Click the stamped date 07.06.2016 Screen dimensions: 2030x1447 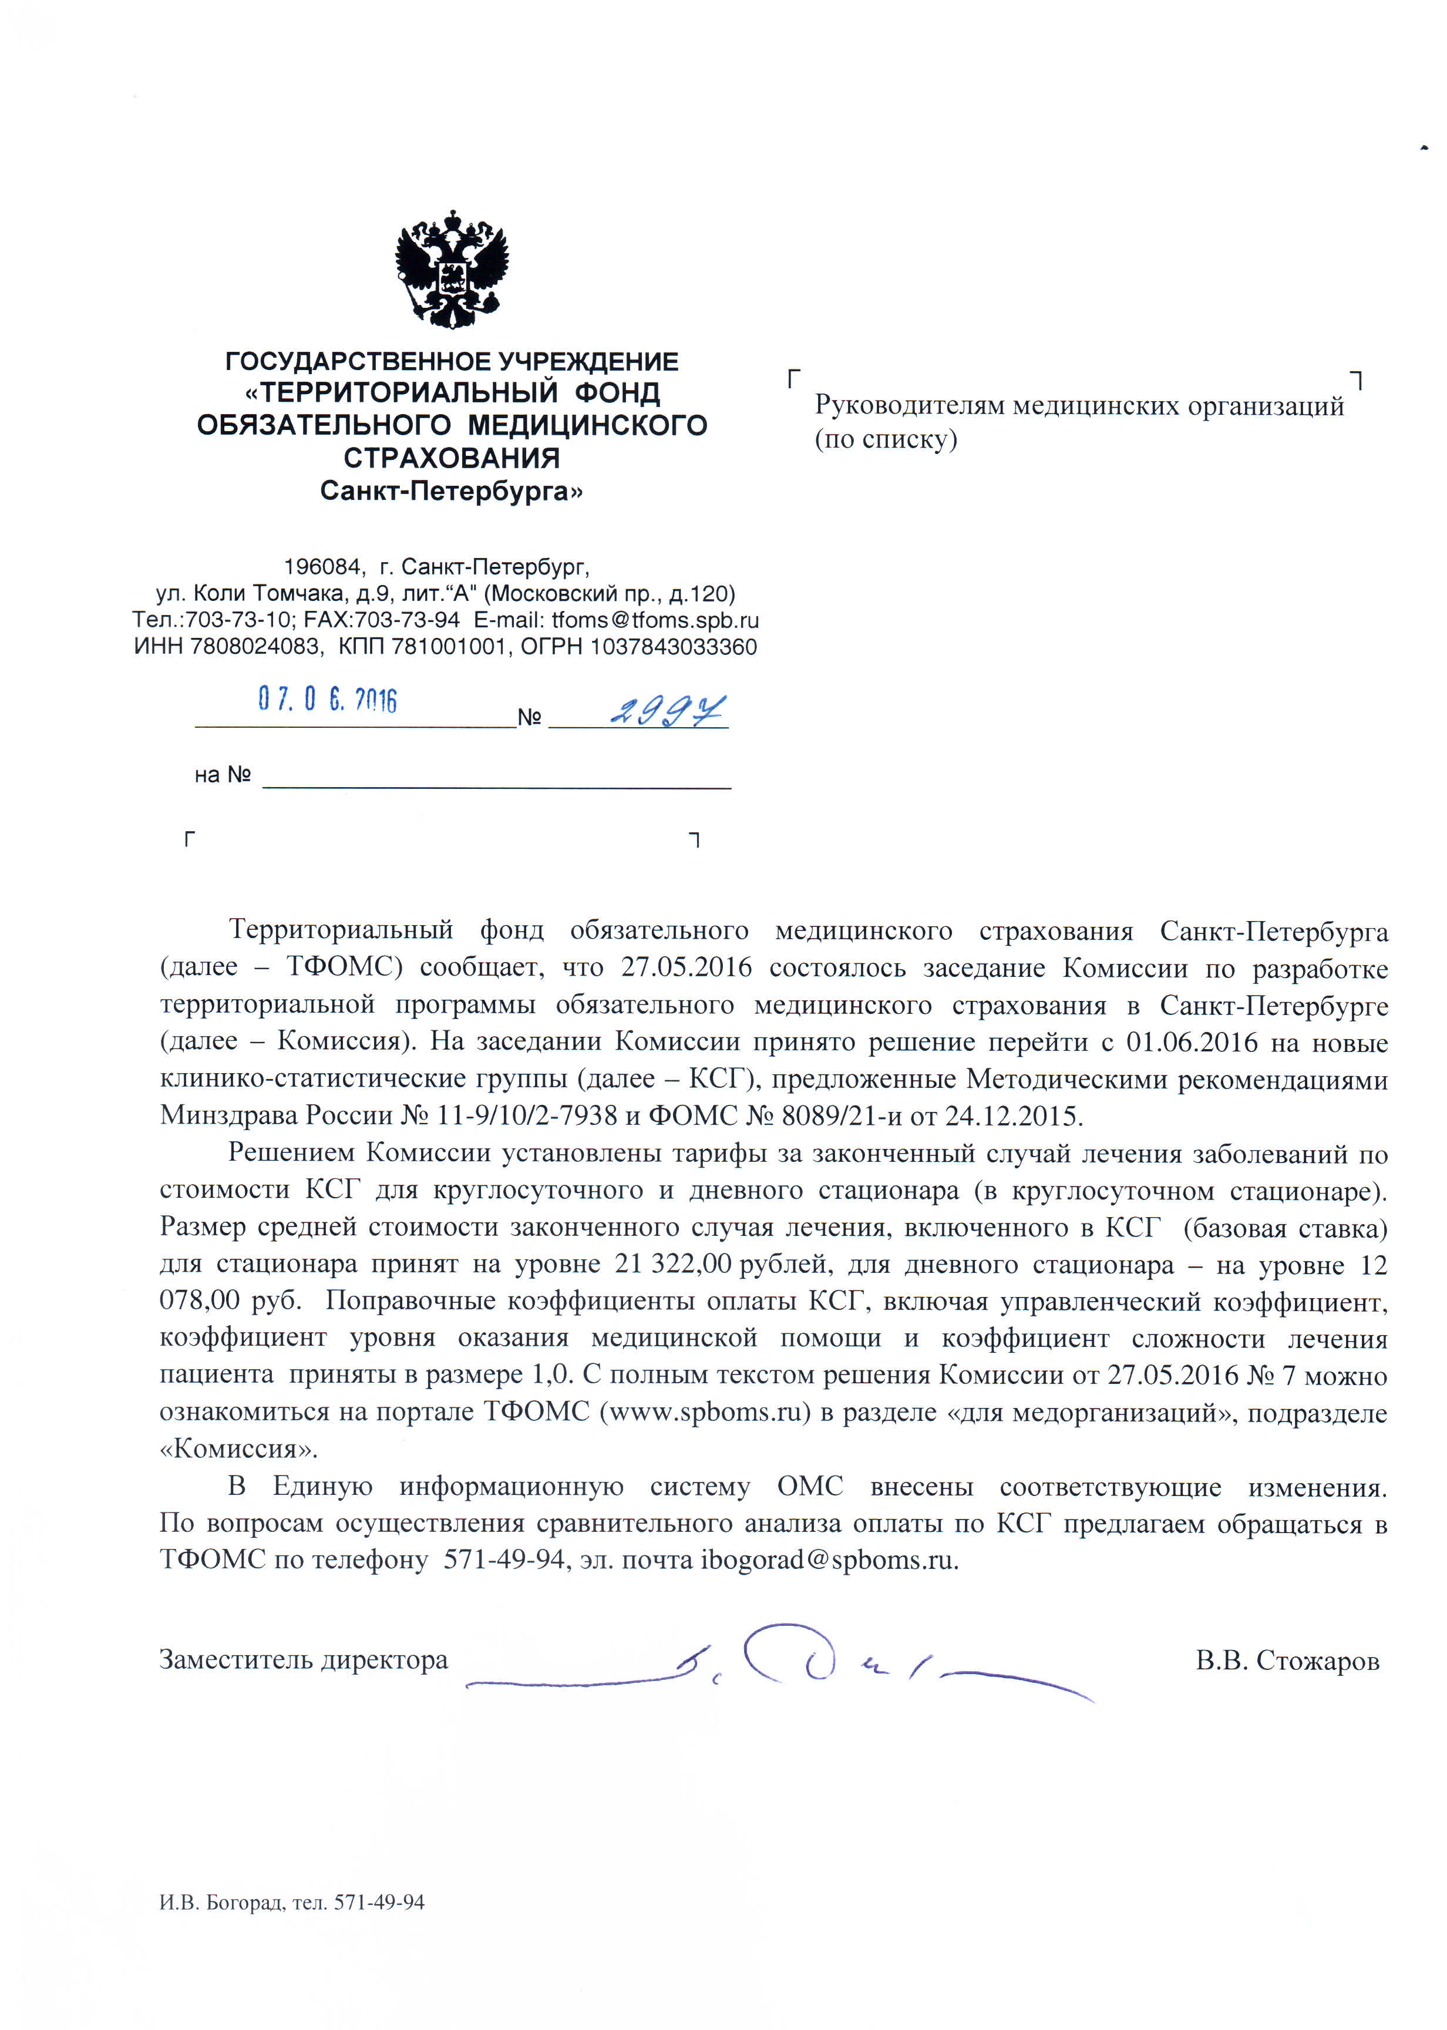click(x=327, y=700)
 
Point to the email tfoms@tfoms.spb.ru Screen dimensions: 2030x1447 click(x=655, y=620)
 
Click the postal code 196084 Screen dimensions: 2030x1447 click(x=322, y=567)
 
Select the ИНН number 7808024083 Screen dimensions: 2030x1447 click(x=255, y=647)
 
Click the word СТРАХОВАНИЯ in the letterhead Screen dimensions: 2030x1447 click(x=452, y=458)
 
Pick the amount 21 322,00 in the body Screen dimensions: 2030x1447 click(x=674, y=1265)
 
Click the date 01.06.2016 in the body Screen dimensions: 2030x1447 click(x=1192, y=1042)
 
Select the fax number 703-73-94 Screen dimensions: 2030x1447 click(x=407, y=620)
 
